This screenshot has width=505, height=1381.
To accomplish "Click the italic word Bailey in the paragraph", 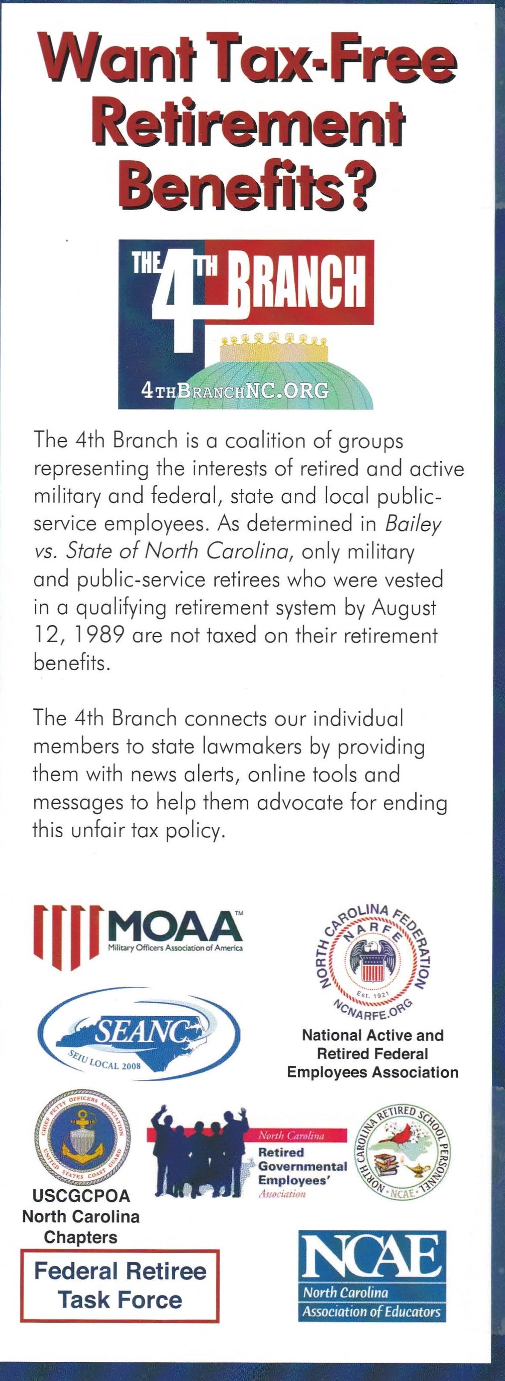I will click(x=412, y=524).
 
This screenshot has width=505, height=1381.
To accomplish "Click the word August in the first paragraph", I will click(x=404, y=607).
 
